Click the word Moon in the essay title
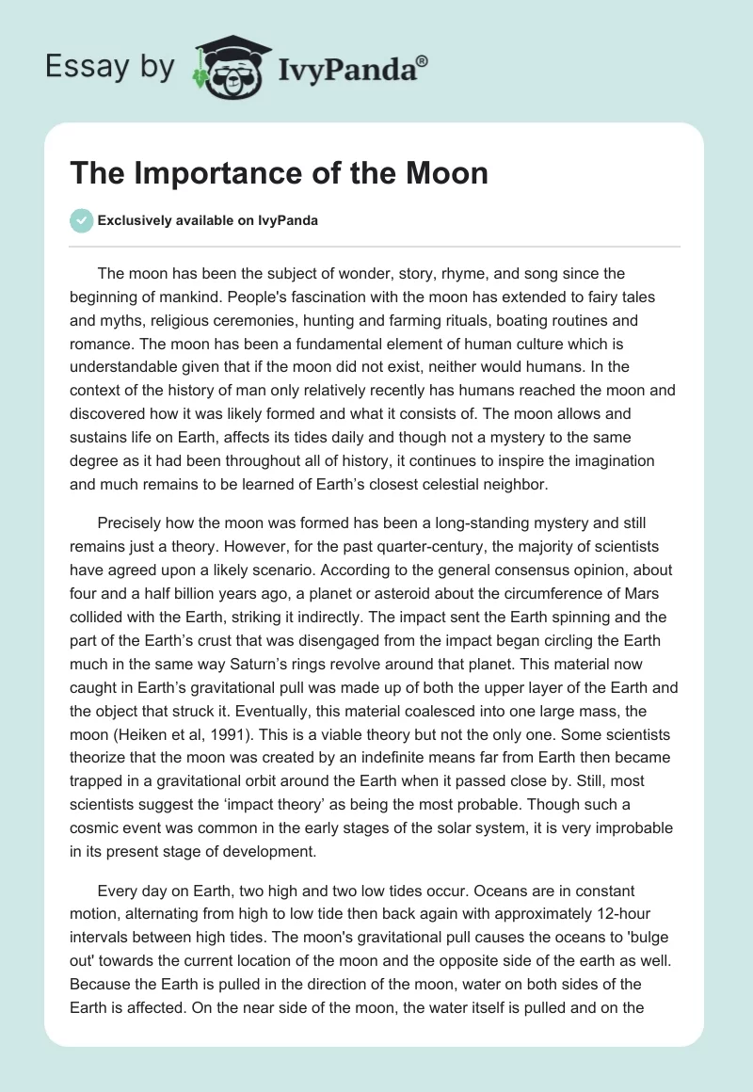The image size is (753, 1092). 448,173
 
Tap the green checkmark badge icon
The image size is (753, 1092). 81,220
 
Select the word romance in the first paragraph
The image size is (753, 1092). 104,319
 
